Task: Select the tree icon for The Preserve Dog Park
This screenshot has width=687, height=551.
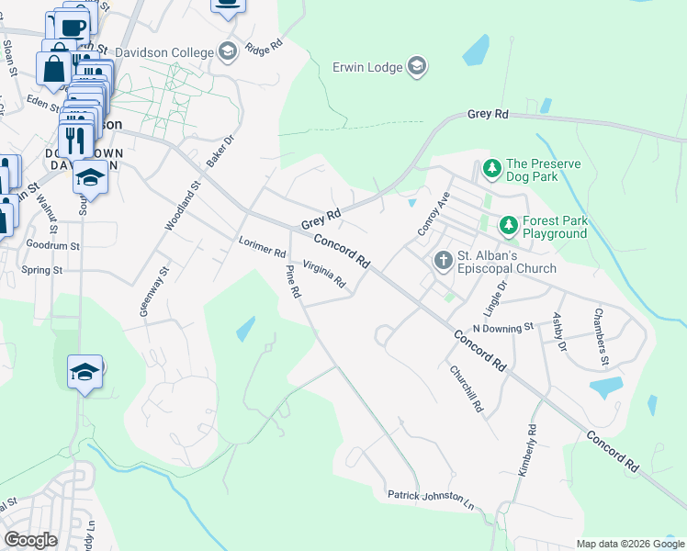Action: click(491, 169)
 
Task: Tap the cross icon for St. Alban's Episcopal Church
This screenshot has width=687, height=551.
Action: click(443, 260)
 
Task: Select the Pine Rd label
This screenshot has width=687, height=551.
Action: click(292, 281)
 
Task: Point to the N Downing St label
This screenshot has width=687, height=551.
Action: click(502, 328)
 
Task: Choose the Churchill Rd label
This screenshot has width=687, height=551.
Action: click(466, 389)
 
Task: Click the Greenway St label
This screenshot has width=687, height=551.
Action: click(154, 292)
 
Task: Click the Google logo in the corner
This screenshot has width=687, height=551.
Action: click(30, 539)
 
